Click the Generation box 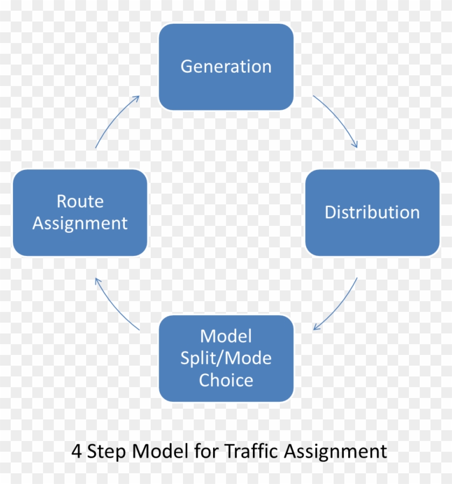tap(226, 67)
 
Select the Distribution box tap(372, 212)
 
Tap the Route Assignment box tap(80, 212)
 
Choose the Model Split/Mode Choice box tap(226, 358)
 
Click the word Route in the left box tap(80, 202)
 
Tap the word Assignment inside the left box tap(80, 223)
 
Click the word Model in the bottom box tap(226, 337)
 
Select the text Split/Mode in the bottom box tap(226, 358)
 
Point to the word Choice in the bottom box tap(226, 380)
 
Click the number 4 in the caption tap(76, 451)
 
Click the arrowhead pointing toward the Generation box tap(137, 98)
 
